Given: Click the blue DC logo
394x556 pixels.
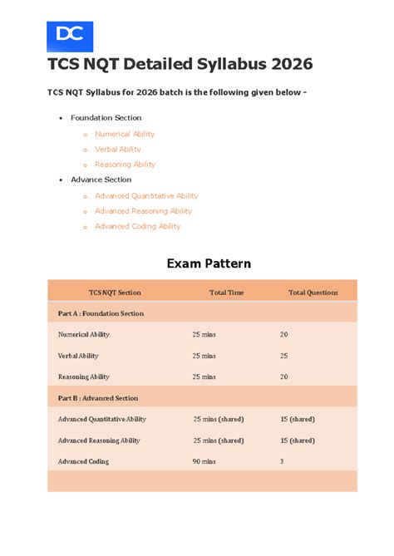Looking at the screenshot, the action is coord(70,37).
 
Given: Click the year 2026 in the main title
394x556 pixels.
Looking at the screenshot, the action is coord(285,65).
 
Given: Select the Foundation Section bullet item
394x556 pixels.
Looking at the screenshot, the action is coord(106,118).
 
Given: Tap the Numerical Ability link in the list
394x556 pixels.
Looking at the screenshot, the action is coord(125,134).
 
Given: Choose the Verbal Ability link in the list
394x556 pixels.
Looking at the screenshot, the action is coord(118,150).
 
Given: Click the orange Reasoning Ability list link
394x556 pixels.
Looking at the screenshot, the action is coord(125,165).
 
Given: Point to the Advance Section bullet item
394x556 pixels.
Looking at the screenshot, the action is coord(101,180).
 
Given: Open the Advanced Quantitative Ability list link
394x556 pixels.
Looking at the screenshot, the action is coord(146,196).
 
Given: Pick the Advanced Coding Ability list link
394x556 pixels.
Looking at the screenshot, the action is coord(137,226).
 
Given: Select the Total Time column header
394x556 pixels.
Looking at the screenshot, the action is coord(226,293).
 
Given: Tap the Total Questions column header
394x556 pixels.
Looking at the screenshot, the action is coord(313,293).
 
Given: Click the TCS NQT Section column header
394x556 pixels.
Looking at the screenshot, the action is coord(115,293).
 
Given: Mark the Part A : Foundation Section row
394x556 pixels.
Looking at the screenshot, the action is coord(101,313).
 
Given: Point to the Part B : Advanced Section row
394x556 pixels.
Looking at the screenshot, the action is coord(98,398).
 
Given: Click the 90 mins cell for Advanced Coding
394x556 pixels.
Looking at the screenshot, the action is coord(204,461).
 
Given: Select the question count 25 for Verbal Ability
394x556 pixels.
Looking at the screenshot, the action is coord(284,356).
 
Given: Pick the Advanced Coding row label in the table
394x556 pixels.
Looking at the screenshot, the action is coord(83,461).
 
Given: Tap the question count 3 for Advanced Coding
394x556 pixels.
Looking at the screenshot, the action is coord(282,461).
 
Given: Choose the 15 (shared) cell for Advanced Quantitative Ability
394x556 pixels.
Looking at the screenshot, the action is coord(298,420).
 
